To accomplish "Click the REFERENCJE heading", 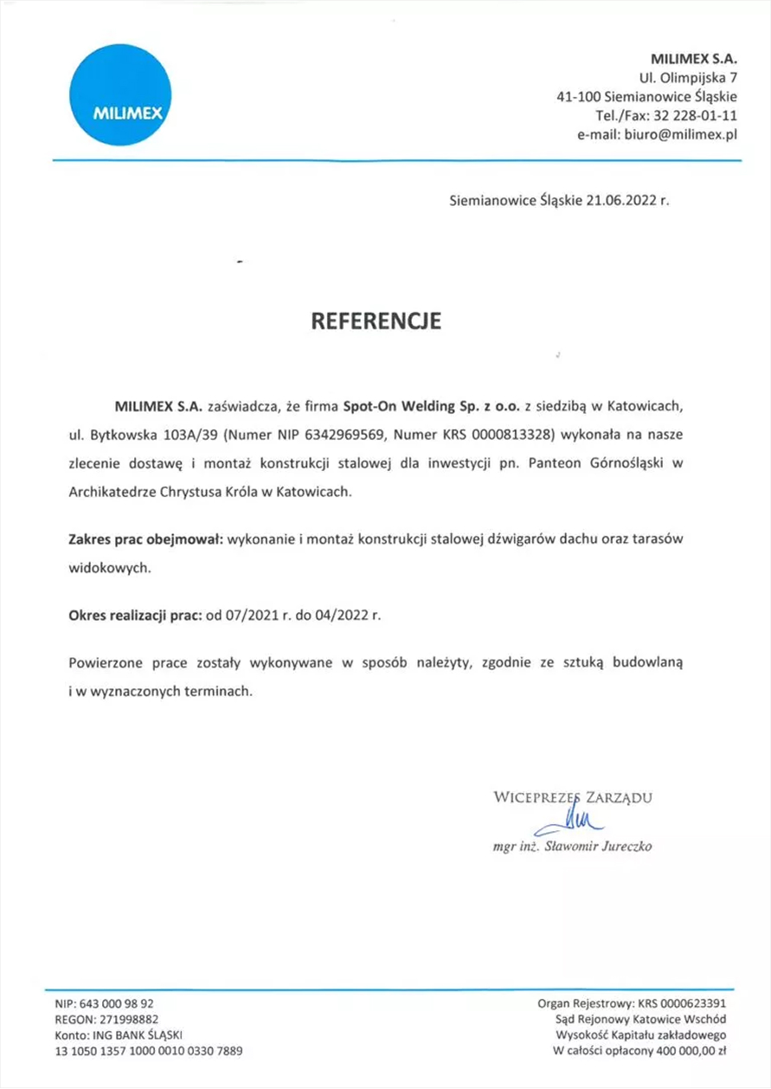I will (376, 321).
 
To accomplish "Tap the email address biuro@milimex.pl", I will (680, 136).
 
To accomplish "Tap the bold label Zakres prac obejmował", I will (145, 539).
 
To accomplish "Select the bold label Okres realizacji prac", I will (133, 616).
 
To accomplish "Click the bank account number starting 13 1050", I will (149, 1051).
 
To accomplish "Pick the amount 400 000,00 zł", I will (691, 1051).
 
